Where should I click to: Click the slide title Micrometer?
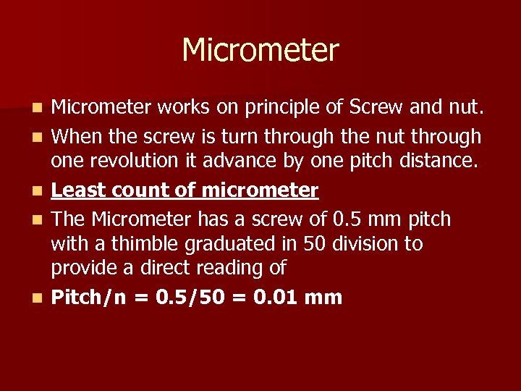click(x=260, y=51)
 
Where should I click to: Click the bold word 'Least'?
click(x=75, y=190)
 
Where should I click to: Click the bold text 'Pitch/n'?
click(x=89, y=297)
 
